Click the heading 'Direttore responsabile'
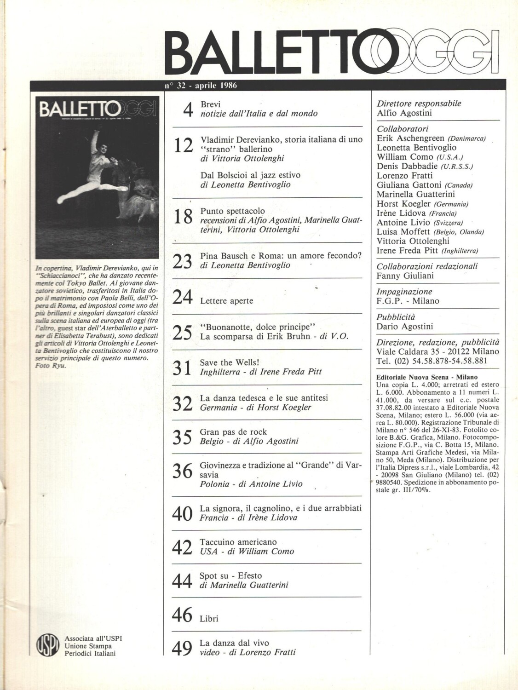click(x=419, y=103)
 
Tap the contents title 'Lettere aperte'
click(x=227, y=301)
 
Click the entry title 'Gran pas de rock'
click(x=233, y=432)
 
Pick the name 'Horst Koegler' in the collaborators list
click(x=403, y=203)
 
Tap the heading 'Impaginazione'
click(x=404, y=291)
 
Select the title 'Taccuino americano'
click(x=238, y=542)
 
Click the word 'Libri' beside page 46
click(x=209, y=619)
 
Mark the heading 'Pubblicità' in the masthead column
click(x=396, y=317)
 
